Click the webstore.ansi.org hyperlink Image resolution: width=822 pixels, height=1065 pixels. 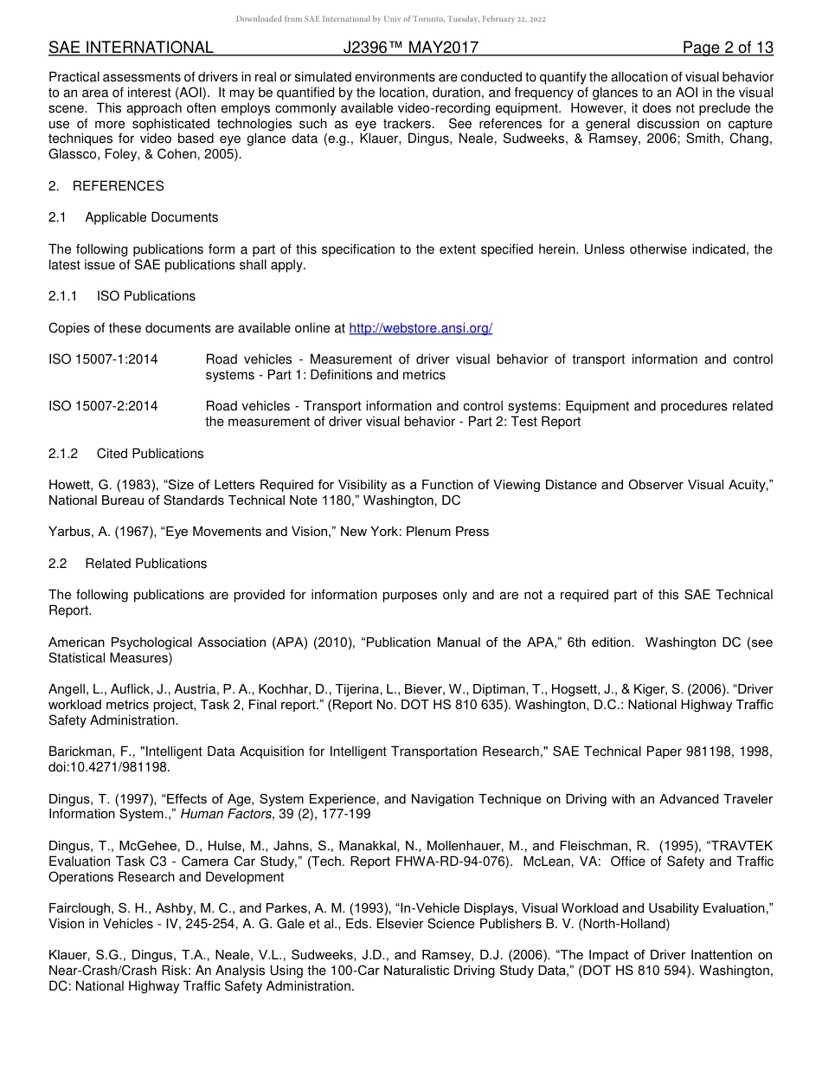pyautogui.click(x=421, y=328)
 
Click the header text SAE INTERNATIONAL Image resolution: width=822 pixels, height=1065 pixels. pyautogui.click(x=131, y=48)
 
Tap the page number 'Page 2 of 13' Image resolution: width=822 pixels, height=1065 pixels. pyautogui.click(x=727, y=48)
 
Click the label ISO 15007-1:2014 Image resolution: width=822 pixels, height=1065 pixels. pyautogui.click(x=103, y=359)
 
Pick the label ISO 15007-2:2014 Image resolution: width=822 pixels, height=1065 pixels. pyautogui.click(x=103, y=406)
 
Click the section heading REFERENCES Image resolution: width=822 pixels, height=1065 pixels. pyautogui.click(x=118, y=186)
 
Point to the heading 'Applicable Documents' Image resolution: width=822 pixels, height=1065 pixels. pyautogui.click(x=151, y=217)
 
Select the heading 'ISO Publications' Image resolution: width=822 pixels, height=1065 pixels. pyautogui.click(x=146, y=296)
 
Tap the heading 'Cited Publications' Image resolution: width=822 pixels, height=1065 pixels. pyautogui.click(x=150, y=454)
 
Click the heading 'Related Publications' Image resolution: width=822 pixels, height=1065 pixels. pyautogui.click(x=146, y=564)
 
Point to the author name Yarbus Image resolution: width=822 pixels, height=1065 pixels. pyautogui.click(x=70, y=532)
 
